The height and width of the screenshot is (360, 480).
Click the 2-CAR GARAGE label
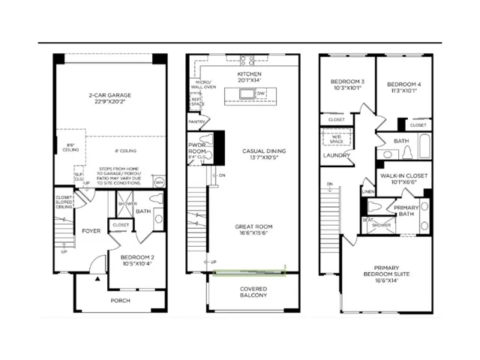click(109, 96)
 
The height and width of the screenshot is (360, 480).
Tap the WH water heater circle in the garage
click(159, 182)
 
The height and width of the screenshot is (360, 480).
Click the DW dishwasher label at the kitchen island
click(261, 93)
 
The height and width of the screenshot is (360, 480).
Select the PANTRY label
click(197, 120)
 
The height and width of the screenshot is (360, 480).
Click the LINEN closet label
click(368, 191)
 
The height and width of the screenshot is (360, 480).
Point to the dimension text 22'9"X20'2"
click(109, 103)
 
